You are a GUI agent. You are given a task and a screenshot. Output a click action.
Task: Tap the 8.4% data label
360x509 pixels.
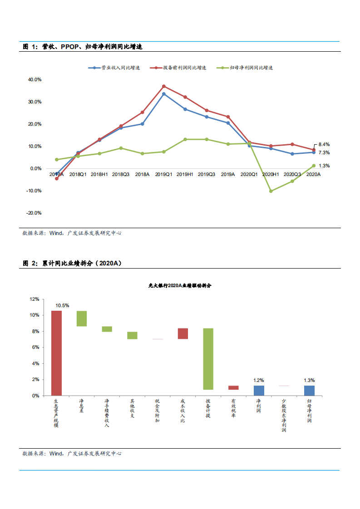click(x=324, y=144)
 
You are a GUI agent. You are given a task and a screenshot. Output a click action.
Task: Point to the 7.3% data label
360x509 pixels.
click(x=324, y=153)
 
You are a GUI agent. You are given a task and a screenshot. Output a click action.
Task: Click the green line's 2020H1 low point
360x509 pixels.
click(x=271, y=191)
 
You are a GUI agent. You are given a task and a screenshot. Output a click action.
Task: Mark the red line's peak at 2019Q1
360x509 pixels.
click(x=164, y=86)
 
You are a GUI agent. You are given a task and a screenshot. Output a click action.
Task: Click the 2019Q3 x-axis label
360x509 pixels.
click(x=207, y=174)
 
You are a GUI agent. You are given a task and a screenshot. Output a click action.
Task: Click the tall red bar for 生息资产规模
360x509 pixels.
click(x=56, y=353)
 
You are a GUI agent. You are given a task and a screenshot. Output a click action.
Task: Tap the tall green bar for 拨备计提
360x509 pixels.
click(x=208, y=359)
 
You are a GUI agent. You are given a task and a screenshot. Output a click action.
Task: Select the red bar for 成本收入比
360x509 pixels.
click(x=182, y=333)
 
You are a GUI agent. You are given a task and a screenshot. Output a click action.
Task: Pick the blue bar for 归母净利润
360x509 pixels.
click(x=309, y=391)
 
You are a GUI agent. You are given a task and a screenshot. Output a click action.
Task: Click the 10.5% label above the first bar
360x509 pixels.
click(x=62, y=306)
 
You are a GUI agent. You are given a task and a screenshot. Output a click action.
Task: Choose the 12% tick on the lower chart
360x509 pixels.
click(x=35, y=299)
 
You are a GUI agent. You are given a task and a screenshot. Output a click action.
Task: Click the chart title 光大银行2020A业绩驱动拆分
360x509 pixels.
click(x=180, y=286)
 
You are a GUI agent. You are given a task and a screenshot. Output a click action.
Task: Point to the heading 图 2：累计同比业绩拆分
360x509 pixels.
click(x=73, y=263)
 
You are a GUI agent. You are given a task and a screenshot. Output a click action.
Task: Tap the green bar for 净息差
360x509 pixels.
click(x=82, y=318)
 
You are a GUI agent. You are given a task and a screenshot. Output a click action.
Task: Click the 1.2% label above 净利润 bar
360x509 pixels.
click(x=259, y=381)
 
